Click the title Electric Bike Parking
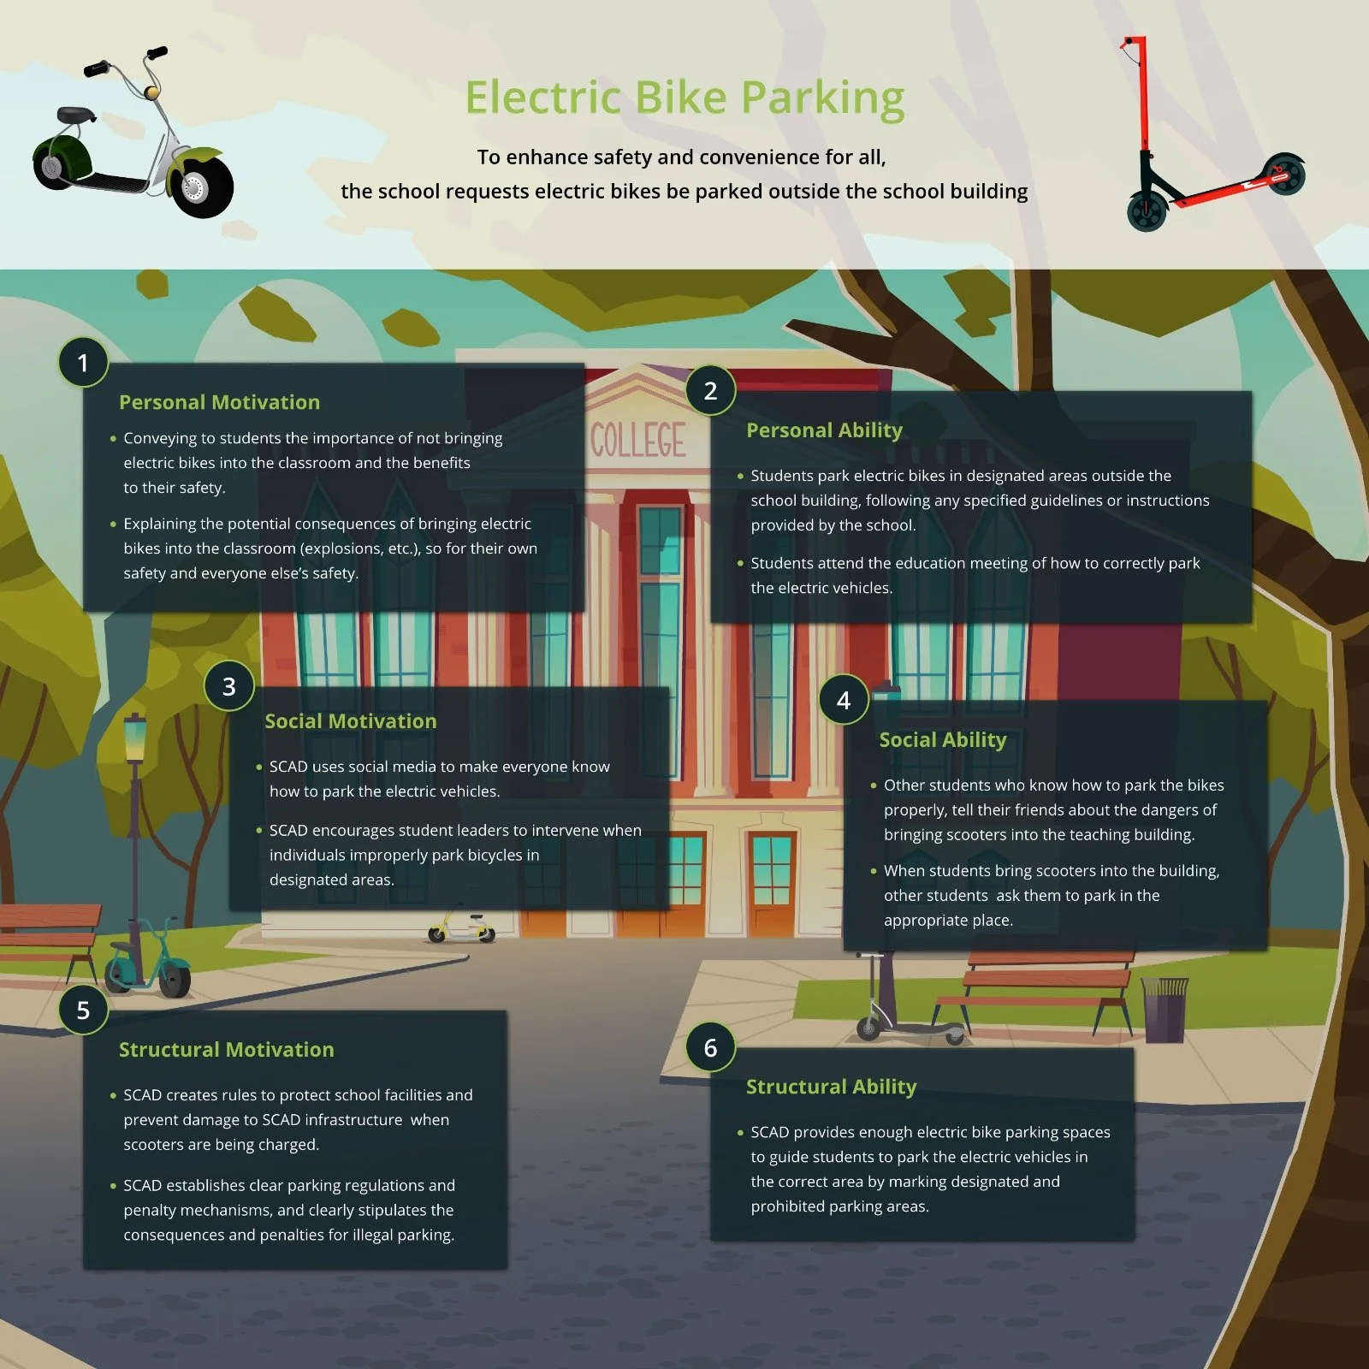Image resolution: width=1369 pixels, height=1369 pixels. [684, 98]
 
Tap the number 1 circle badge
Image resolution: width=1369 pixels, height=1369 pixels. [83, 363]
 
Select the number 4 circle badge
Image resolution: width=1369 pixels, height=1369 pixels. [844, 700]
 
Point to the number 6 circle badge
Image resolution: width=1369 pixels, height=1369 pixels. [710, 1047]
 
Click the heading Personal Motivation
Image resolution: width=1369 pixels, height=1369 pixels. [219, 402]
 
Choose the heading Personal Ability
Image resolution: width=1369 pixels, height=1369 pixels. [824, 430]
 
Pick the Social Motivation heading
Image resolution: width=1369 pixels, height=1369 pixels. [350, 721]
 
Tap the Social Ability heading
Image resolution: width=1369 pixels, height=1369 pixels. [942, 740]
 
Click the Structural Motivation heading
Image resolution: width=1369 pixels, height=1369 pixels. [226, 1050]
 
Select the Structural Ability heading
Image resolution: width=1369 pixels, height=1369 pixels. [831, 1087]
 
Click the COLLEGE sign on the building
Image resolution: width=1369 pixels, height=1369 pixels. [638, 441]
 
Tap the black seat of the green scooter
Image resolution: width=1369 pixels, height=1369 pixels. [76, 116]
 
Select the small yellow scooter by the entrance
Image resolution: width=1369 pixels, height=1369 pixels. [462, 927]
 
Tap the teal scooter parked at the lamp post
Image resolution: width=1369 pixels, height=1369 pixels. [151, 963]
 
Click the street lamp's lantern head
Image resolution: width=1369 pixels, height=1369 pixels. [135, 738]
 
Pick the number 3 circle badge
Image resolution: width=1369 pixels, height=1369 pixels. [229, 686]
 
